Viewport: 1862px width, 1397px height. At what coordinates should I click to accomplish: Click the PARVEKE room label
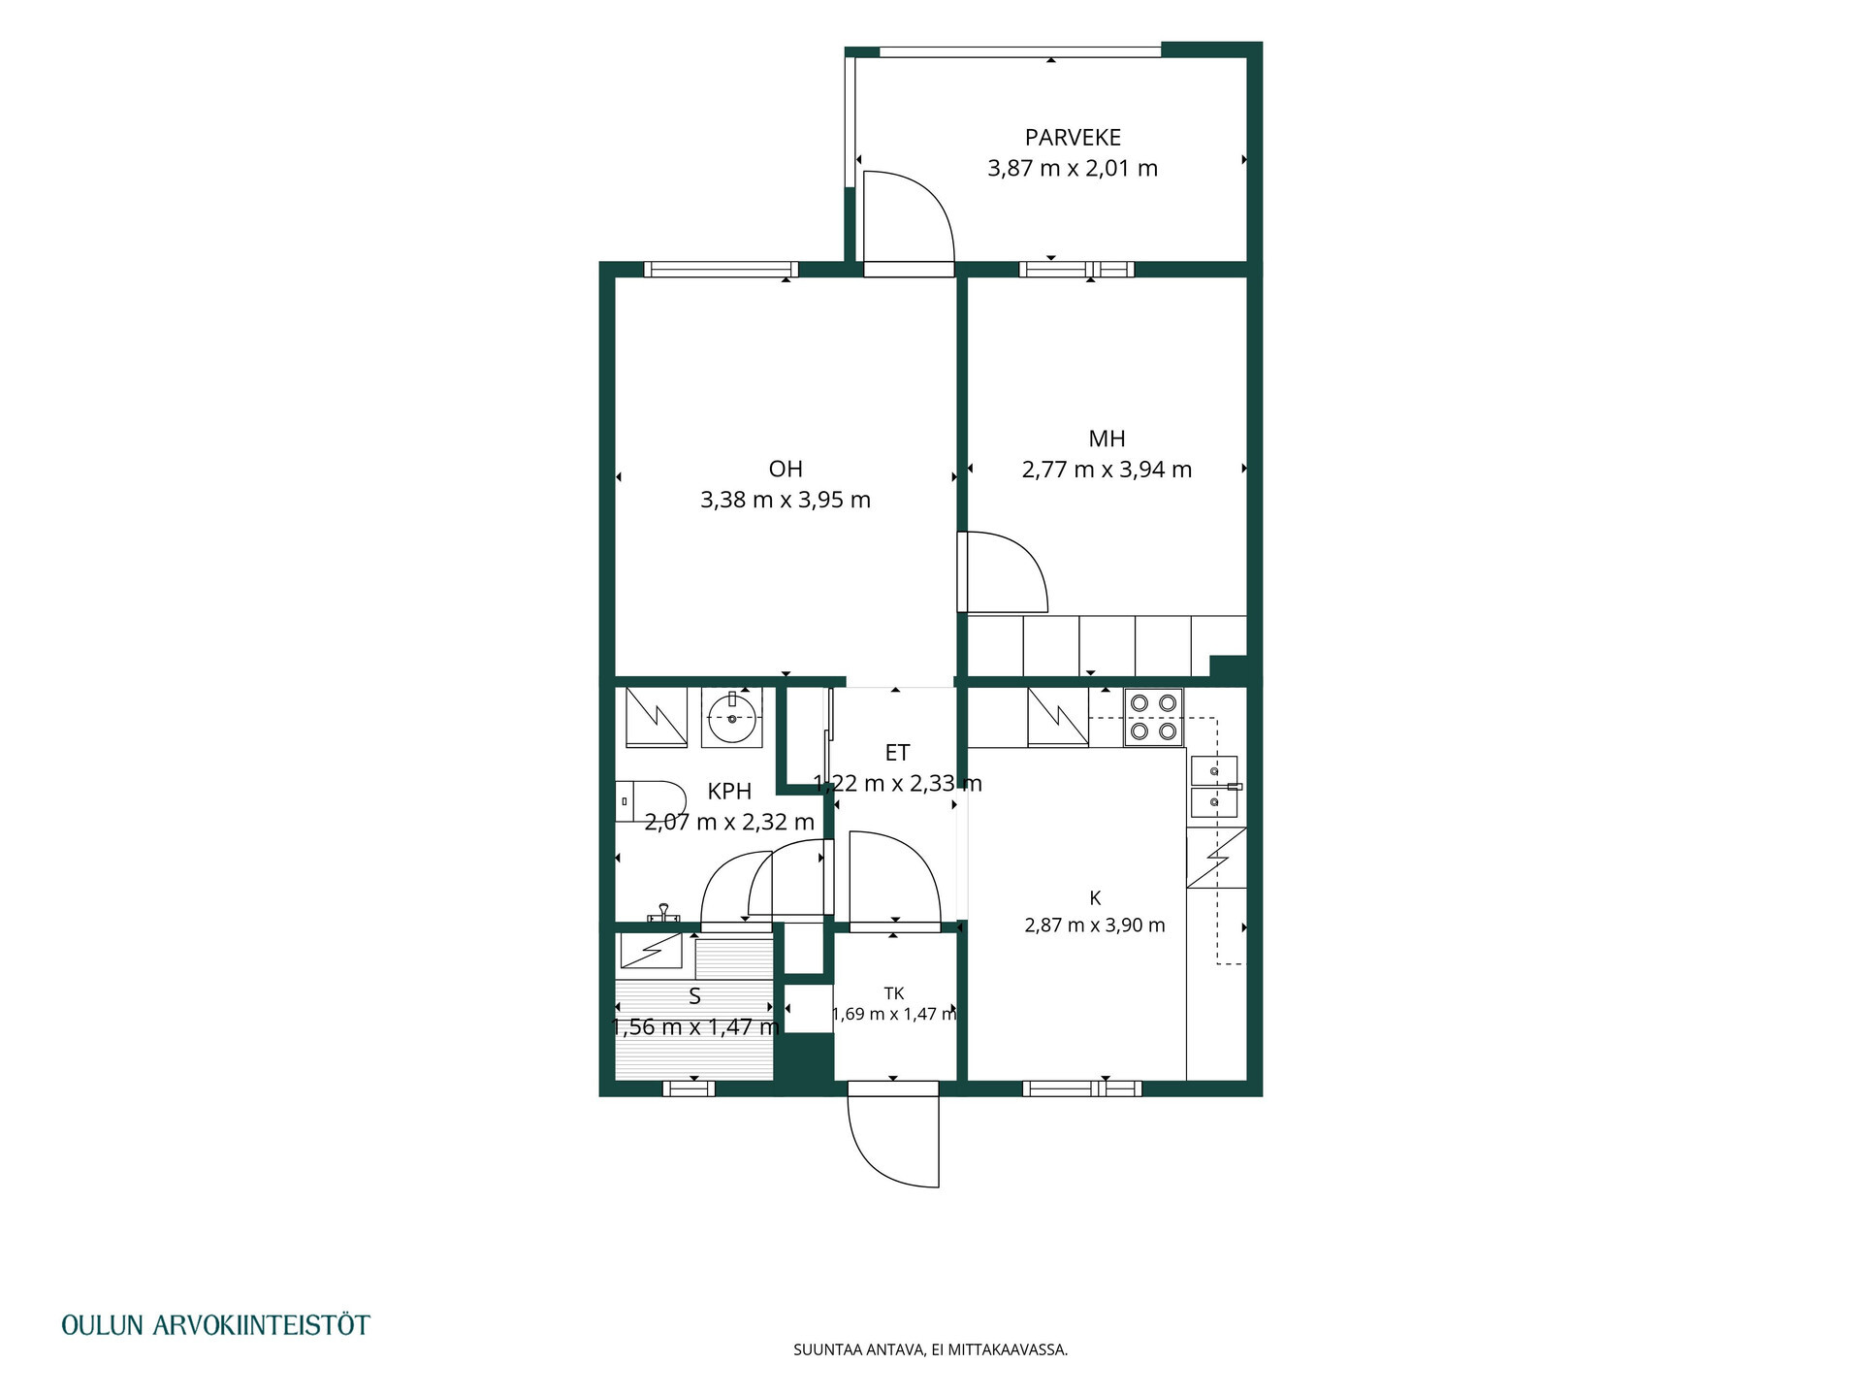pos(1073,138)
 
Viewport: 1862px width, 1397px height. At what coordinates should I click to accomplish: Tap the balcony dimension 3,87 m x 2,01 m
pos(1073,169)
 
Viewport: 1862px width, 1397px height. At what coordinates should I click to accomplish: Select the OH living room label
pos(786,470)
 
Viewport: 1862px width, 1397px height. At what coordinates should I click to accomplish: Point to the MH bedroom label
pos(1107,439)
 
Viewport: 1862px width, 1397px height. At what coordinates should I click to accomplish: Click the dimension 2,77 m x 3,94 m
pos(1107,470)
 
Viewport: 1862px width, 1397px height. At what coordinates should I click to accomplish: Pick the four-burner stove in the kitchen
pos(1154,717)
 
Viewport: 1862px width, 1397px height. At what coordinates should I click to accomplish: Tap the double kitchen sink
pos(1215,787)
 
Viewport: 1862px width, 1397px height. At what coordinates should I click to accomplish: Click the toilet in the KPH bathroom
pos(650,801)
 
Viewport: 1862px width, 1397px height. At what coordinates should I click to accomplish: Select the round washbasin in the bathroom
pos(731,718)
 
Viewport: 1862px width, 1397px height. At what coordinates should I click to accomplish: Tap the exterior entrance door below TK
pos(893,1141)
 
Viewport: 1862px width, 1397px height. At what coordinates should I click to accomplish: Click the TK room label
pos(894,993)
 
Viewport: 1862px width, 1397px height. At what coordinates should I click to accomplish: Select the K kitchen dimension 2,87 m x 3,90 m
pos(1095,926)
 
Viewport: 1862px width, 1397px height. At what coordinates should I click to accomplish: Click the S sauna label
pos(694,996)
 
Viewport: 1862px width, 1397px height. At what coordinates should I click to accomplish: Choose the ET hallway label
pos(897,753)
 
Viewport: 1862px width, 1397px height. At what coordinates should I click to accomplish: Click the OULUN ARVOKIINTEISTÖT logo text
pos(215,1325)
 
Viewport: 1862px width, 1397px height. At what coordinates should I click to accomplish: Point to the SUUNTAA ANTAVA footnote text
pos(931,1349)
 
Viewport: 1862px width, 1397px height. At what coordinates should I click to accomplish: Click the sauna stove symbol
pos(651,950)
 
